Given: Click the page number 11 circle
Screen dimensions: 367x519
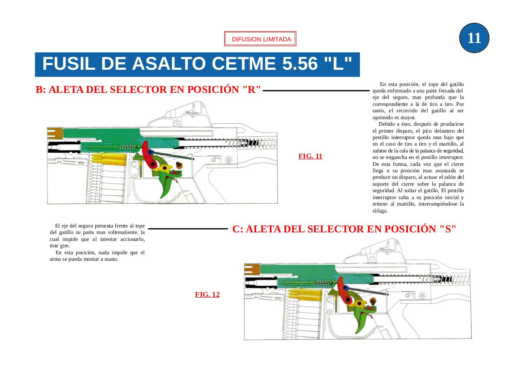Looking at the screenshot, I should [x=474, y=38].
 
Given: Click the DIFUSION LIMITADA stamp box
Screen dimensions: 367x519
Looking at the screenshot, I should [x=260, y=39].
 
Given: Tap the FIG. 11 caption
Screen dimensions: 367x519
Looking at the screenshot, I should [x=310, y=157].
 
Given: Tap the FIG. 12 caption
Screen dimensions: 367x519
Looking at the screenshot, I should [x=207, y=294].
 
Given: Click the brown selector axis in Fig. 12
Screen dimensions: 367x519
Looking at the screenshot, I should [x=373, y=301].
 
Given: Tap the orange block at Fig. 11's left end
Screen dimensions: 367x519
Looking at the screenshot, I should [x=55, y=133].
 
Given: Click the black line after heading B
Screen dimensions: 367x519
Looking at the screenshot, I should [x=316, y=91].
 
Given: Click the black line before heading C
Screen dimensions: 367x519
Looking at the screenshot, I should [x=188, y=229].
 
